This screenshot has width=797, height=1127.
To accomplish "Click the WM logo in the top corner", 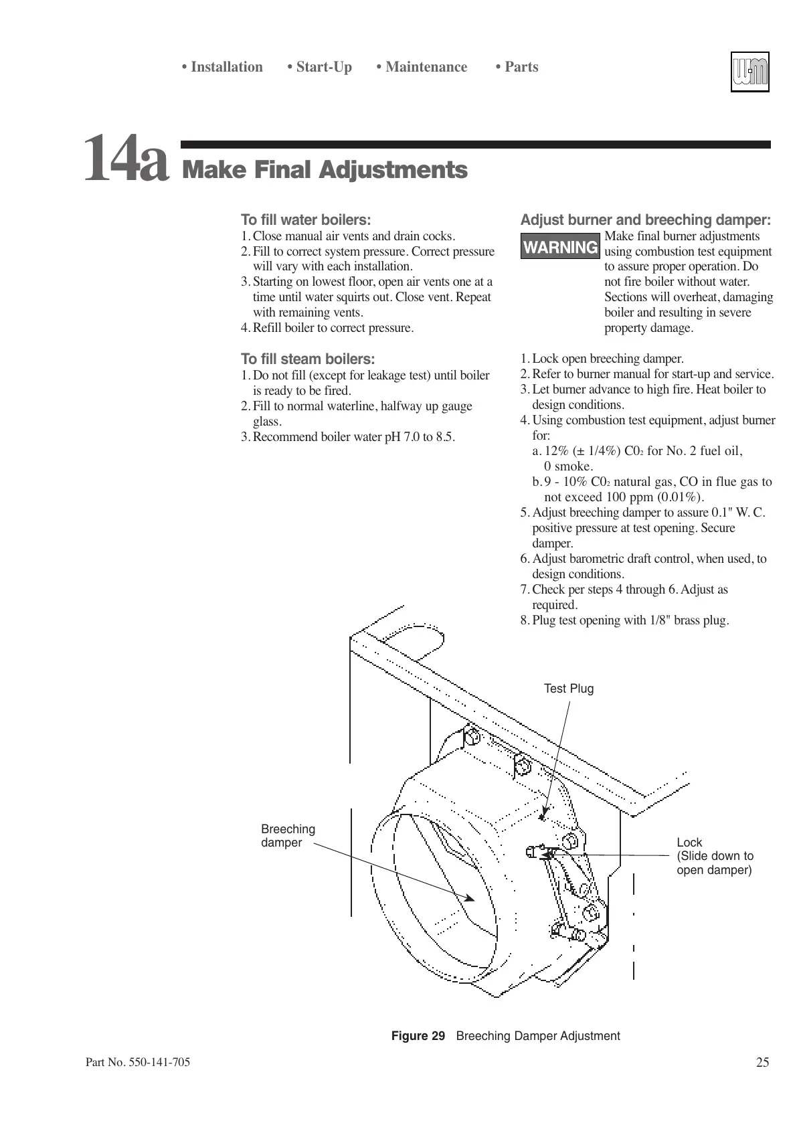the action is (x=749, y=72).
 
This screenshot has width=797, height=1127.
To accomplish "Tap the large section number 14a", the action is (x=125, y=158).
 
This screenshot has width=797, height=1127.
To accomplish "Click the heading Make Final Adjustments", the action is (x=325, y=170).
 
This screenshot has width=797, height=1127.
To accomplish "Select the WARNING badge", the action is (x=560, y=248).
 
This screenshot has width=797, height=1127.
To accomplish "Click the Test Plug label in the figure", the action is (x=568, y=689).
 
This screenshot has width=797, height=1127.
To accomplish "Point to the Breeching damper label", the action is (x=288, y=836).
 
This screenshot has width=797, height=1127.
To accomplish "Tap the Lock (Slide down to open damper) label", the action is (x=715, y=856).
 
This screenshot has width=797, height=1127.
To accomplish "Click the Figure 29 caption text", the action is (x=505, y=1036).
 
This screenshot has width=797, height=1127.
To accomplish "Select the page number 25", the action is (x=762, y=1062).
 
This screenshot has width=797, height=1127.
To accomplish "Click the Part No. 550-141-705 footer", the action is (x=138, y=1062).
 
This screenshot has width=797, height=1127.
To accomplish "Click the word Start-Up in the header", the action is (x=323, y=67).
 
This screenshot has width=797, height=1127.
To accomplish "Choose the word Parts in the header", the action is (x=521, y=67).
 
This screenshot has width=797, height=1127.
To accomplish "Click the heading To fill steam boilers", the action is (x=308, y=359).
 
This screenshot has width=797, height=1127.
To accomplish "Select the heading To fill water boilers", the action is (x=306, y=220).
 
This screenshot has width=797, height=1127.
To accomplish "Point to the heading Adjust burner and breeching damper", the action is (x=645, y=220).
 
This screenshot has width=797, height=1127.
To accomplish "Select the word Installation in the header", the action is (x=226, y=67).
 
